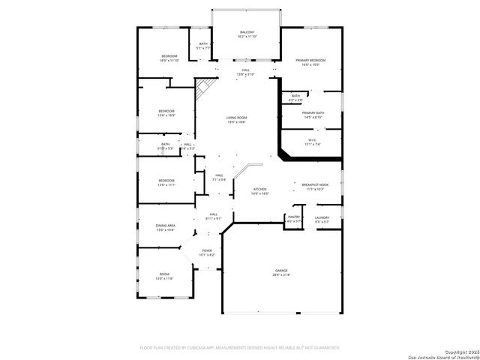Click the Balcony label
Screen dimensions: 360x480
pyautogui.click(x=247, y=32)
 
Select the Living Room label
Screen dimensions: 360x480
pyautogui.click(x=237, y=118)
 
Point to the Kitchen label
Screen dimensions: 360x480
pyautogui.click(x=259, y=189)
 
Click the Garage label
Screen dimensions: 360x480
pyautogui.click(x=280, y=270)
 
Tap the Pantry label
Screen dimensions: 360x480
pyautogui.click(x=295, y=217)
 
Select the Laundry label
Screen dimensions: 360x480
pyautogui.click(x=322, y=217)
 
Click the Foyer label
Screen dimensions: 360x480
pyautogui.click(x=206, y=250)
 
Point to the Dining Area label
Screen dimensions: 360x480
pyautogui.click(x=165, y=225)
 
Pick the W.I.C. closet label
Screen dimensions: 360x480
pyautogui.click(x=313, y=139)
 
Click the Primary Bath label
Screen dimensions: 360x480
pyautogui.click(x=313, y=112)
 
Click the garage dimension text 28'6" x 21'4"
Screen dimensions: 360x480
pyautogui.click(x=280, y=274)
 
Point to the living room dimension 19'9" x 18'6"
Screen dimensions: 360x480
pyautogui.click(x=237, y=122)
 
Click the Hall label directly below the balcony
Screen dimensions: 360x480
pyautogui.click(x=246, y=72)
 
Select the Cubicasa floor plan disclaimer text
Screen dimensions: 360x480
pyautogui.click(x=240, y=347)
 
